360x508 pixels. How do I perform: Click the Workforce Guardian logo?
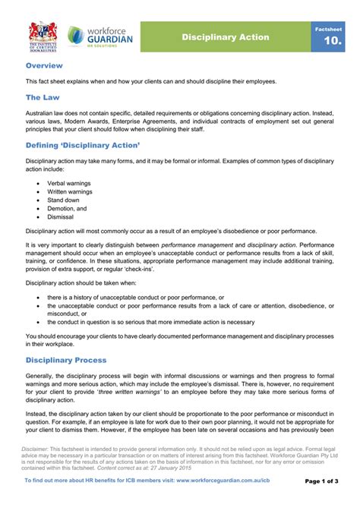pos(99,35)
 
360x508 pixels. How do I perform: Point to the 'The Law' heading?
pos(43,97)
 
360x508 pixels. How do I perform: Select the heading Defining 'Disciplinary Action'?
pos(83,144)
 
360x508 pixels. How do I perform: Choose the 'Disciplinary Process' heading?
pos(66,360)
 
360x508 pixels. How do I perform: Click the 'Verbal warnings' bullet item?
pos(68,183)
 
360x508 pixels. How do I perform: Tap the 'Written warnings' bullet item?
pos(69,191)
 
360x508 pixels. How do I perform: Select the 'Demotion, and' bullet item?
pos(67,208)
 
